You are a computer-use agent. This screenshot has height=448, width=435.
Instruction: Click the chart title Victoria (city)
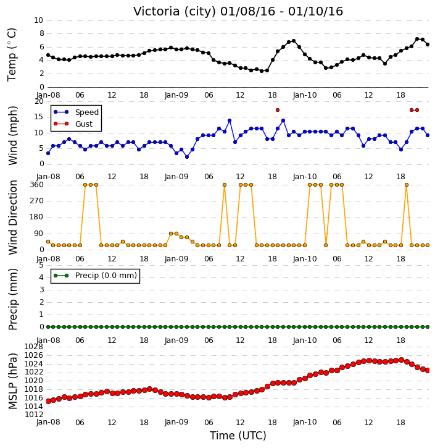pyautogui.click(x=174, y=12)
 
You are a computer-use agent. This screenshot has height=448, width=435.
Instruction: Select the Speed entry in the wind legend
pyautogui.click(x=76, y=112)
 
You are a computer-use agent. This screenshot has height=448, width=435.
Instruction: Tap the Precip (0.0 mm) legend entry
pyautogui.click(x=95, y=276)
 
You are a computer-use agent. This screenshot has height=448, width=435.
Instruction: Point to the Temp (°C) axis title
pyautogui.click(x=12, y=54)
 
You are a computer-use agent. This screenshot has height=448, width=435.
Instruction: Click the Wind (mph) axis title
pyautogui.click(x=12, y=135)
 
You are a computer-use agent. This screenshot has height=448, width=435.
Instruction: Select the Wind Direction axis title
pyautogui.click(x=12, y=218)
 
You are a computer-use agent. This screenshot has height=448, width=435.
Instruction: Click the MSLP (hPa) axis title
pyautogui.click(x=12, y=381)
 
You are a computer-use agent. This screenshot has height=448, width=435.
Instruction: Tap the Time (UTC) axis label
pyautogui.click(x=238, y=436)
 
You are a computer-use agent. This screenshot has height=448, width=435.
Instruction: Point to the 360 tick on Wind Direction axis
pyautogui.click(x=37, y=185)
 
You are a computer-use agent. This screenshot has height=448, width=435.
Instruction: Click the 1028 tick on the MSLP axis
pyautogui.click(x=34, y=347)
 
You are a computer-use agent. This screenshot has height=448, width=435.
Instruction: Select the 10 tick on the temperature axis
pyautogui.click(x=38, y=20)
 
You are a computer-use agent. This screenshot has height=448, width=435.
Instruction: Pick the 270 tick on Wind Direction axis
pyautogui.click(x=37, y=201)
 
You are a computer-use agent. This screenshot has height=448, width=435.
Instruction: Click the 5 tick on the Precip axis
pyautogui.click(x=41, y=265)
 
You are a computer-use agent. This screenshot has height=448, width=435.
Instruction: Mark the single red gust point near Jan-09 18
pyautogui.click(x=278, y=110)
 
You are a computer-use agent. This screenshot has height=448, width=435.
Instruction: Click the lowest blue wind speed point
pyautogui.click(x=187, y=157)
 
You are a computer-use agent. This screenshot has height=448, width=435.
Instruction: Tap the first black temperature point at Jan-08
pyautogui.click(x=48, y=55)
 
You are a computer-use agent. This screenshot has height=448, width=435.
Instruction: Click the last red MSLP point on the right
pyautogui.click(x=428, y=370)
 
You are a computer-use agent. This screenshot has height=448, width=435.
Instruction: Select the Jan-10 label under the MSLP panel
pyautogui.click(x=305, y=422)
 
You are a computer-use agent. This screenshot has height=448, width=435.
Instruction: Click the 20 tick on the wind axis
pyautogui.click(x=39, y=101)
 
